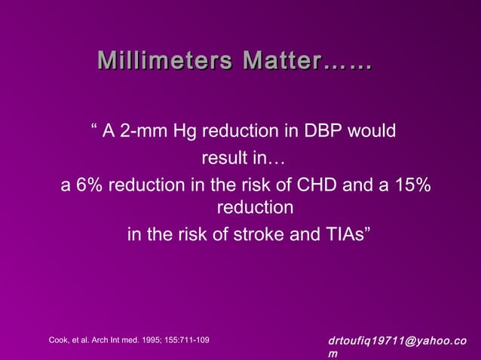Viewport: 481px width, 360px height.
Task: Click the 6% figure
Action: pyautogui.click(x=90, y=185)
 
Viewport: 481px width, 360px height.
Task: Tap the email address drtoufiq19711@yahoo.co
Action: pyautogui.click(x=397, y=341)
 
